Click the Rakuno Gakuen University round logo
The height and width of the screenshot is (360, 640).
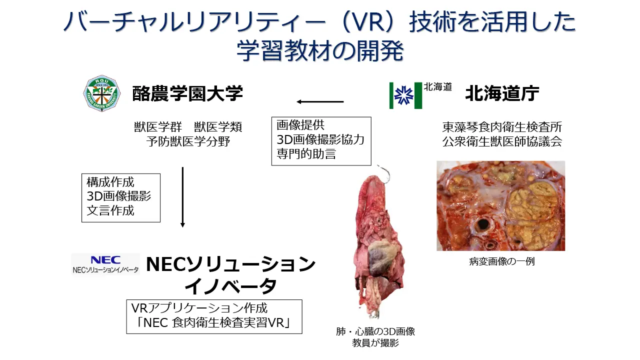tap(101, 93)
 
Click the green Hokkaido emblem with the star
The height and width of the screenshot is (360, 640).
tap(405, 95)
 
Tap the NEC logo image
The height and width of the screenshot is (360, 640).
tap(105, 264)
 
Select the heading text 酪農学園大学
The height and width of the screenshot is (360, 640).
tap(187, 93)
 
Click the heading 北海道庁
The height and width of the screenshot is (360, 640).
tap(502, 93)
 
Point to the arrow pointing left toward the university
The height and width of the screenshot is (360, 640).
tap(320, 102)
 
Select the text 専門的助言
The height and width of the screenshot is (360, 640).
tap(306, 154)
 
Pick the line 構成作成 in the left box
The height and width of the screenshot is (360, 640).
tap(110, 182)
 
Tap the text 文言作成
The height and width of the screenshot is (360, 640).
tap(110, 210)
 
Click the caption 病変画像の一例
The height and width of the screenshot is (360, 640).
tap(501, 261)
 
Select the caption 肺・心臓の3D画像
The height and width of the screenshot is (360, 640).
tap(375, 331)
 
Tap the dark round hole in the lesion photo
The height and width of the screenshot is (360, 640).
tap(483, 223)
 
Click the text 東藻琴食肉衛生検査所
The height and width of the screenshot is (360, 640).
tap(502, 127)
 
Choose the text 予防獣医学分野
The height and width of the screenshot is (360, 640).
tap(188, 141)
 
